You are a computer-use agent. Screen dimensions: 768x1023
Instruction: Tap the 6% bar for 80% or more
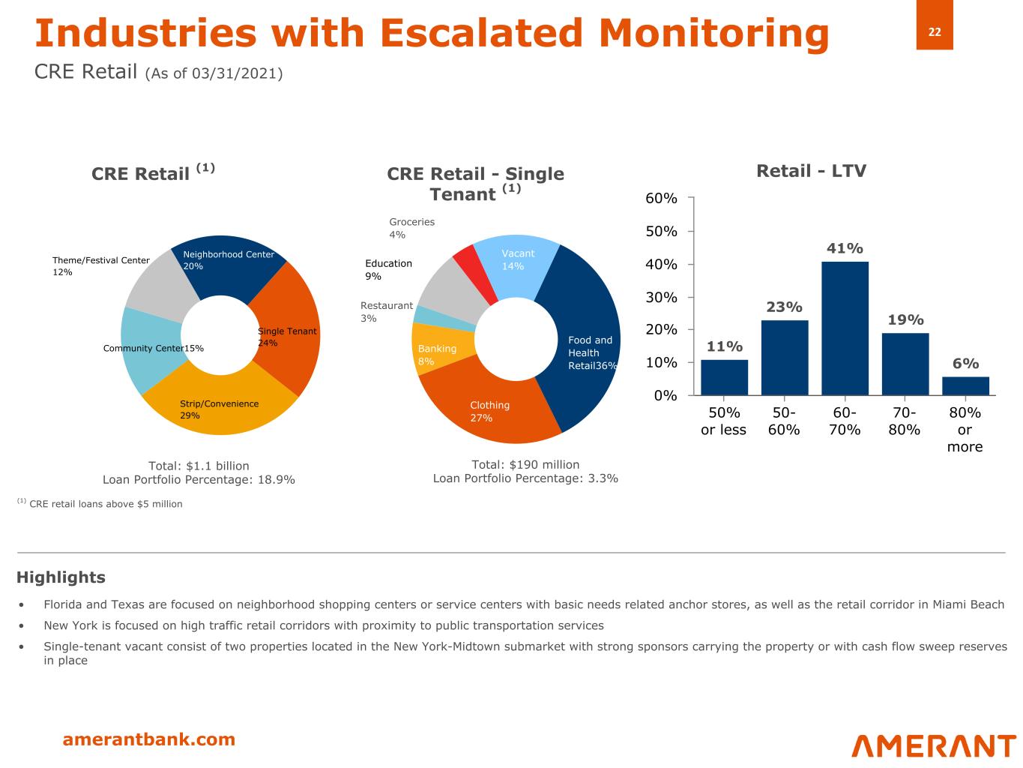tap(965, 385)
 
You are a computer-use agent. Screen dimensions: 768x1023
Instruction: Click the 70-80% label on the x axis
tap(905, 421)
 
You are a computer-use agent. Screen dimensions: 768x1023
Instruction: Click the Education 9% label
tap(388, 270)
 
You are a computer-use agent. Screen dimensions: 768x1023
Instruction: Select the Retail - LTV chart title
tap(811, 171)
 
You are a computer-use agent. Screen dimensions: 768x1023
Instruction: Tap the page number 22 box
tap(935, 31)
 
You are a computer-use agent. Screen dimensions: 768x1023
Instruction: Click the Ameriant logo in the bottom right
tap(934, 745)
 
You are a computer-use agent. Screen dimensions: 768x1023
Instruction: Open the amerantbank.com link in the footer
tap(148, 739)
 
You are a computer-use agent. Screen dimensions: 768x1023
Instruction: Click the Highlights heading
tap(61, 577)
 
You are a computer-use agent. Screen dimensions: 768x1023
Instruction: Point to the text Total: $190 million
tap(525, 464)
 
